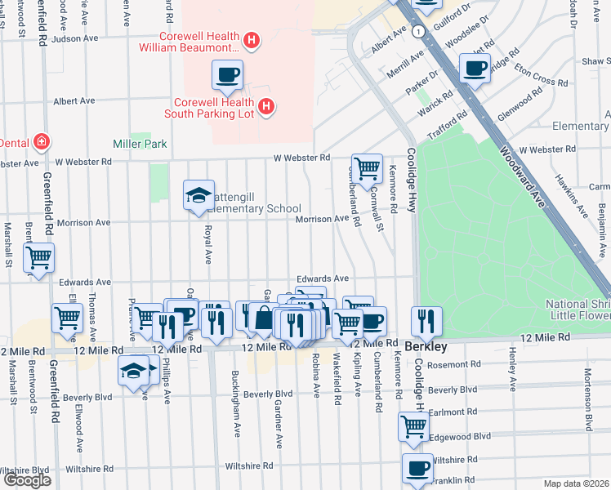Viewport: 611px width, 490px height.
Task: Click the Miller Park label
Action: click(x=140, y=144)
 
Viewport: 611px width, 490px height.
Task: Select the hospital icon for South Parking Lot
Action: click(x=265, y=106)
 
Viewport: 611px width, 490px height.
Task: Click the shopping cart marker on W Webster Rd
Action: click(x=368, y=168)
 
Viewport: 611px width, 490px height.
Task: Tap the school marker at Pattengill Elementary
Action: click(x=198, y=195)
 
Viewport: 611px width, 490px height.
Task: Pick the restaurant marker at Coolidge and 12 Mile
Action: click(x=426, y=320)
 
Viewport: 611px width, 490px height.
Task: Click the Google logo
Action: click(x=26, y=480)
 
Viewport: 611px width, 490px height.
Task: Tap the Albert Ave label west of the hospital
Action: click(x=74, y=100)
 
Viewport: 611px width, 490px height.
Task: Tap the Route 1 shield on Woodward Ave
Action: click(x=417, y=30)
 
